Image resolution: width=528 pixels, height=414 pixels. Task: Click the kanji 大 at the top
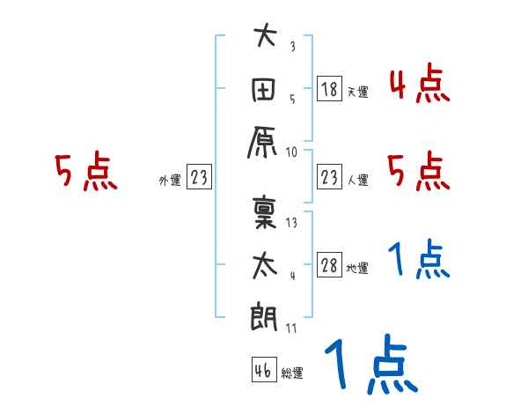click(265, 39)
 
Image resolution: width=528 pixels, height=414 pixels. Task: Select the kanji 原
click(265, 140)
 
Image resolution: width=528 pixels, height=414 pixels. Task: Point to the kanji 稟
click(265, 211)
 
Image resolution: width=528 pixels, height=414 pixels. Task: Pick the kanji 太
click(265, 263)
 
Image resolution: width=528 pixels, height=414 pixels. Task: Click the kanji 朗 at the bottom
click(265, 315)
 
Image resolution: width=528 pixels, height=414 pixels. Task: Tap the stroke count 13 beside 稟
click(292, 222)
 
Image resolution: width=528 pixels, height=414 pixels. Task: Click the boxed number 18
click(329, 88)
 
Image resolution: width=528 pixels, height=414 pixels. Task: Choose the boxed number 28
click(329, 265)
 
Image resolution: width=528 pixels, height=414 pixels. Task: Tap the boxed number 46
click(261, 370)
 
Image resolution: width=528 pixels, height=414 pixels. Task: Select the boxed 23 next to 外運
click(198, 177)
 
